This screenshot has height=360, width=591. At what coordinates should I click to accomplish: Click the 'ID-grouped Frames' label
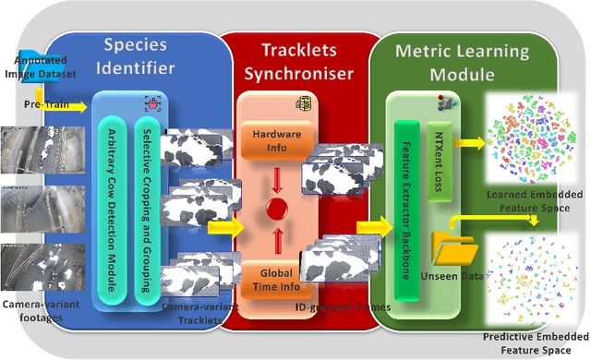343,306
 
